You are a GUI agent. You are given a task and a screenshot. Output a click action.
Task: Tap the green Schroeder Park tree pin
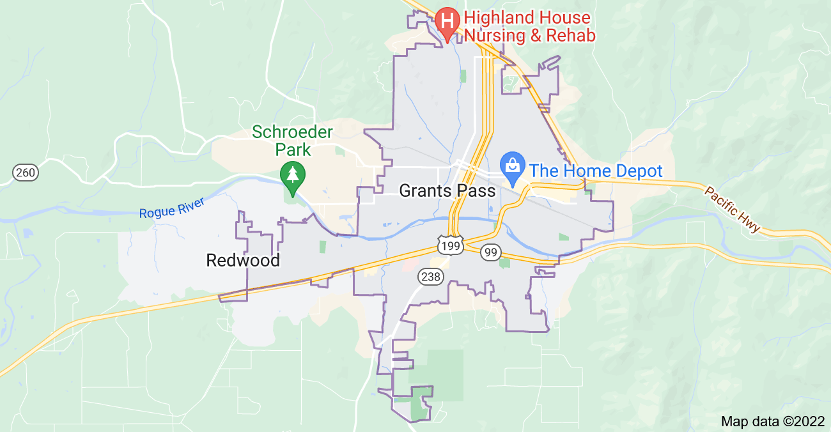coord(293,174)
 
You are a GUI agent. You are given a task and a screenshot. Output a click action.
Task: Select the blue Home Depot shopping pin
coord(512,166)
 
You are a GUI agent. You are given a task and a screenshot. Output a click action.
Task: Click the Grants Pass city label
coord(447,190)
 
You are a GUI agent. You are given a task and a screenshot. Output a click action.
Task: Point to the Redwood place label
coord(243,260)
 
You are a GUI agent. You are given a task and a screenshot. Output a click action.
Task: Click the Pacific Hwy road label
coord(733,209)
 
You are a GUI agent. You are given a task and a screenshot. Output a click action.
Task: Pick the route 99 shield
coord(490,252)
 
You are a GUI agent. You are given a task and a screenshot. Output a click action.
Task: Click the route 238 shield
coord(430,276)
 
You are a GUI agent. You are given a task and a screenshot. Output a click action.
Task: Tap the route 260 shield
coord(26,172)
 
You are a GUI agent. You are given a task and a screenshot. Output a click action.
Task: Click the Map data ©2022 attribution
coord(772,421)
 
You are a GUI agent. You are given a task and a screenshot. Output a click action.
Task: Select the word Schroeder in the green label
coord(292,132)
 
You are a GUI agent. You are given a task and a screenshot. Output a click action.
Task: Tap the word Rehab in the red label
coord(571,35)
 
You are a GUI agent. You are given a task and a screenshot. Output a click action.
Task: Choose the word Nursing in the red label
coord(499,35)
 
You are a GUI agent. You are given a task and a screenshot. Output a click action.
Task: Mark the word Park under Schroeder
coord(293,150)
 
